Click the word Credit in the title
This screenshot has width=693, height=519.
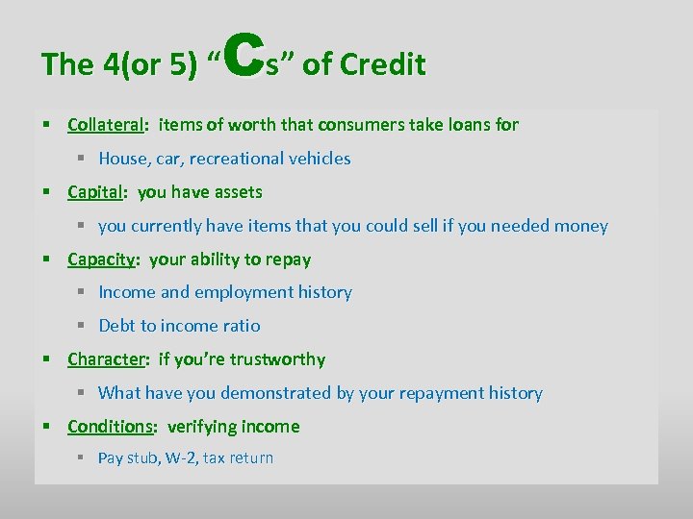coord(383,64)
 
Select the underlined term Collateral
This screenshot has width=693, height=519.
coord(106,124)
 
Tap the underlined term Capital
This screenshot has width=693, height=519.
coord(95,192)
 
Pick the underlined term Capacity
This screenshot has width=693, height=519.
coord(103,259)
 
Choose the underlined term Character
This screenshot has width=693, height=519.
coord(105,359)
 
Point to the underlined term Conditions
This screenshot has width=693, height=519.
coord(110,427)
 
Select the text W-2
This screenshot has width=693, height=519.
coord(179,458)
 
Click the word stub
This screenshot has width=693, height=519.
coord(143,458)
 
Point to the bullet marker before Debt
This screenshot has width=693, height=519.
coord(85,326)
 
